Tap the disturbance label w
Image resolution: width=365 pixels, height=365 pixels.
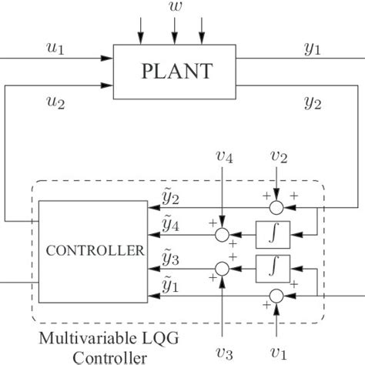(x=174, y=10)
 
